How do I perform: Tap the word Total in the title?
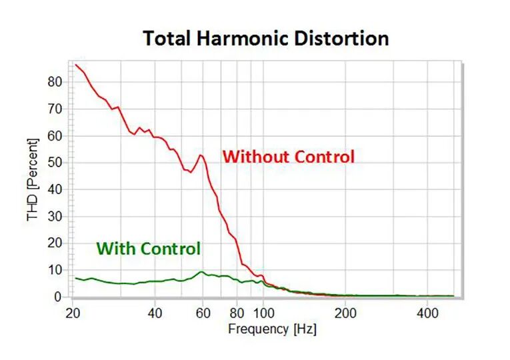(169, 38)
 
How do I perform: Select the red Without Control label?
(288, 157)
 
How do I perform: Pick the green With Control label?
(148, 249)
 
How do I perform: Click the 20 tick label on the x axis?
(74, 313)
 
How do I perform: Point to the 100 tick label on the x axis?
(263, 313)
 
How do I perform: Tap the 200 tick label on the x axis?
(345, 313)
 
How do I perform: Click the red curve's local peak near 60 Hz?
(201, 155)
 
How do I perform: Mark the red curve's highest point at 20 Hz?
(76, 65)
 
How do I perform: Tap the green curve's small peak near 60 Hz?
(201, 271)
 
